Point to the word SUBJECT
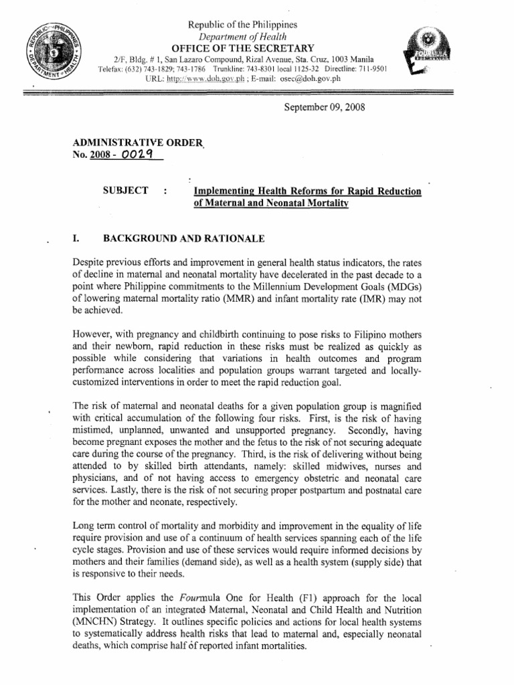click(125, 191)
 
